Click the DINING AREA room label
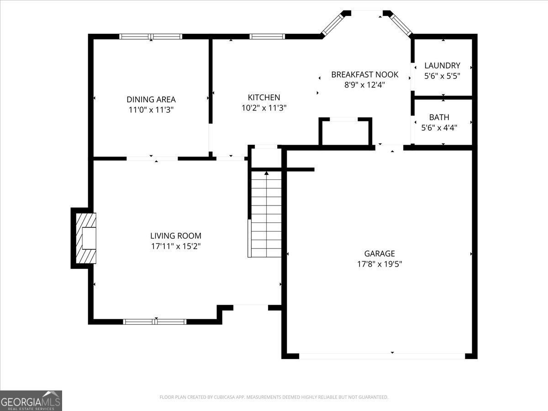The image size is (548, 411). pyautogui.click(x=151, y=99)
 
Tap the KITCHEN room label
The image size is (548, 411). pyautogui.click(x=263, y=97)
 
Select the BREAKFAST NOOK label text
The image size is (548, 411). pyautogui.click(x=364, y=74)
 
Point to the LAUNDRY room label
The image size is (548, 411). pyautogui.click(x=442, y=65)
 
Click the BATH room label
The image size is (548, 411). pyautogui.click(x=439, y=117)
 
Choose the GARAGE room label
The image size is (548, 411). pyautogui.click(x=379, y=253)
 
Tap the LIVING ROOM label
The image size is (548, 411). pyautogui.click(x=175, y=236)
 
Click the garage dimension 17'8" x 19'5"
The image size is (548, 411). pyautogui.click(x=379, y=263)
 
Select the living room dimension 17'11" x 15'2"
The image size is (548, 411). pyautogui.click(x=175, y=246)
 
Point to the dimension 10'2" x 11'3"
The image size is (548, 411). pyautogui.click(x=263, y=108)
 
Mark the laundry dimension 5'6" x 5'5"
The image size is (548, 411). pyautogui.click(x=442, y=76)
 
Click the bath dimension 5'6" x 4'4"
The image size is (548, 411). pyautogui.click(x=439, y=128)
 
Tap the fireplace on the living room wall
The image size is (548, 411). pyautogui.click(x=84, y=237)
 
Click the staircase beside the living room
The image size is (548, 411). pyautogui.click(x=266, y=215)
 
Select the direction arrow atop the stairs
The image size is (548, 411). pyautogui.click(x=266, y=173)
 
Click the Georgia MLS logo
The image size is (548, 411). pyautogui.click(x=31, y=400)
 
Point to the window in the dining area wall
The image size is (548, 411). pyautogui.click(x=151, y=37)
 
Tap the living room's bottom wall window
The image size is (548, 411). pyautogui.click(x=155, y=321)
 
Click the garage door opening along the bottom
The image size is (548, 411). pyautogui.click(x=382, y=356)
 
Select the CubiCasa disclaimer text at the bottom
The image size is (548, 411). pyautogui.click(x=274, y=397)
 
